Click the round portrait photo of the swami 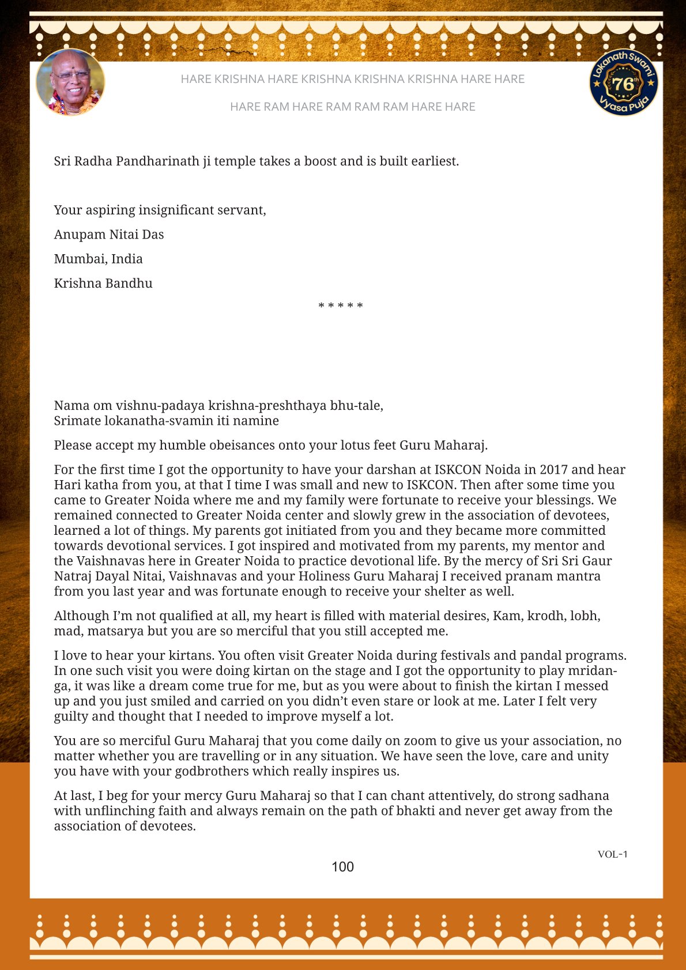70,82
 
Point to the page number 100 342,867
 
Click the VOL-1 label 612,854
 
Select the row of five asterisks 341,306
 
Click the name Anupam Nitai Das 109,235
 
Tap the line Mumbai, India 98,259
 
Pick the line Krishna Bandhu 103,284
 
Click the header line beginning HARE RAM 352,107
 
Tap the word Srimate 77,421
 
